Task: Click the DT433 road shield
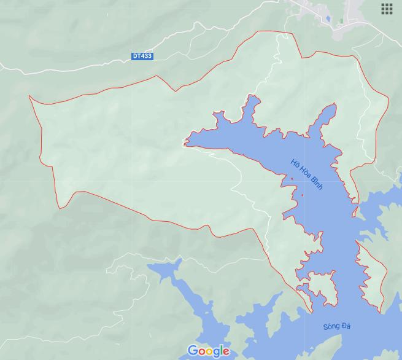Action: pos(142,56)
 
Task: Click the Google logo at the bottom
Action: pos(208,351)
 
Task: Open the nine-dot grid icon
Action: pos(387,9)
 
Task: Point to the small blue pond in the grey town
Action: pos(328,20)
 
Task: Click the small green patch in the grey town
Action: pos(341,21)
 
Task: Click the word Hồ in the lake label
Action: pos(295,162)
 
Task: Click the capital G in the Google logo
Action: pos(193,351)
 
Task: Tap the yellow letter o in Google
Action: pos(209,351)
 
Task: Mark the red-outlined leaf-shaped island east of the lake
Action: pos(372,276)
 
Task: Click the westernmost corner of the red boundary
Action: pos(29,96)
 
